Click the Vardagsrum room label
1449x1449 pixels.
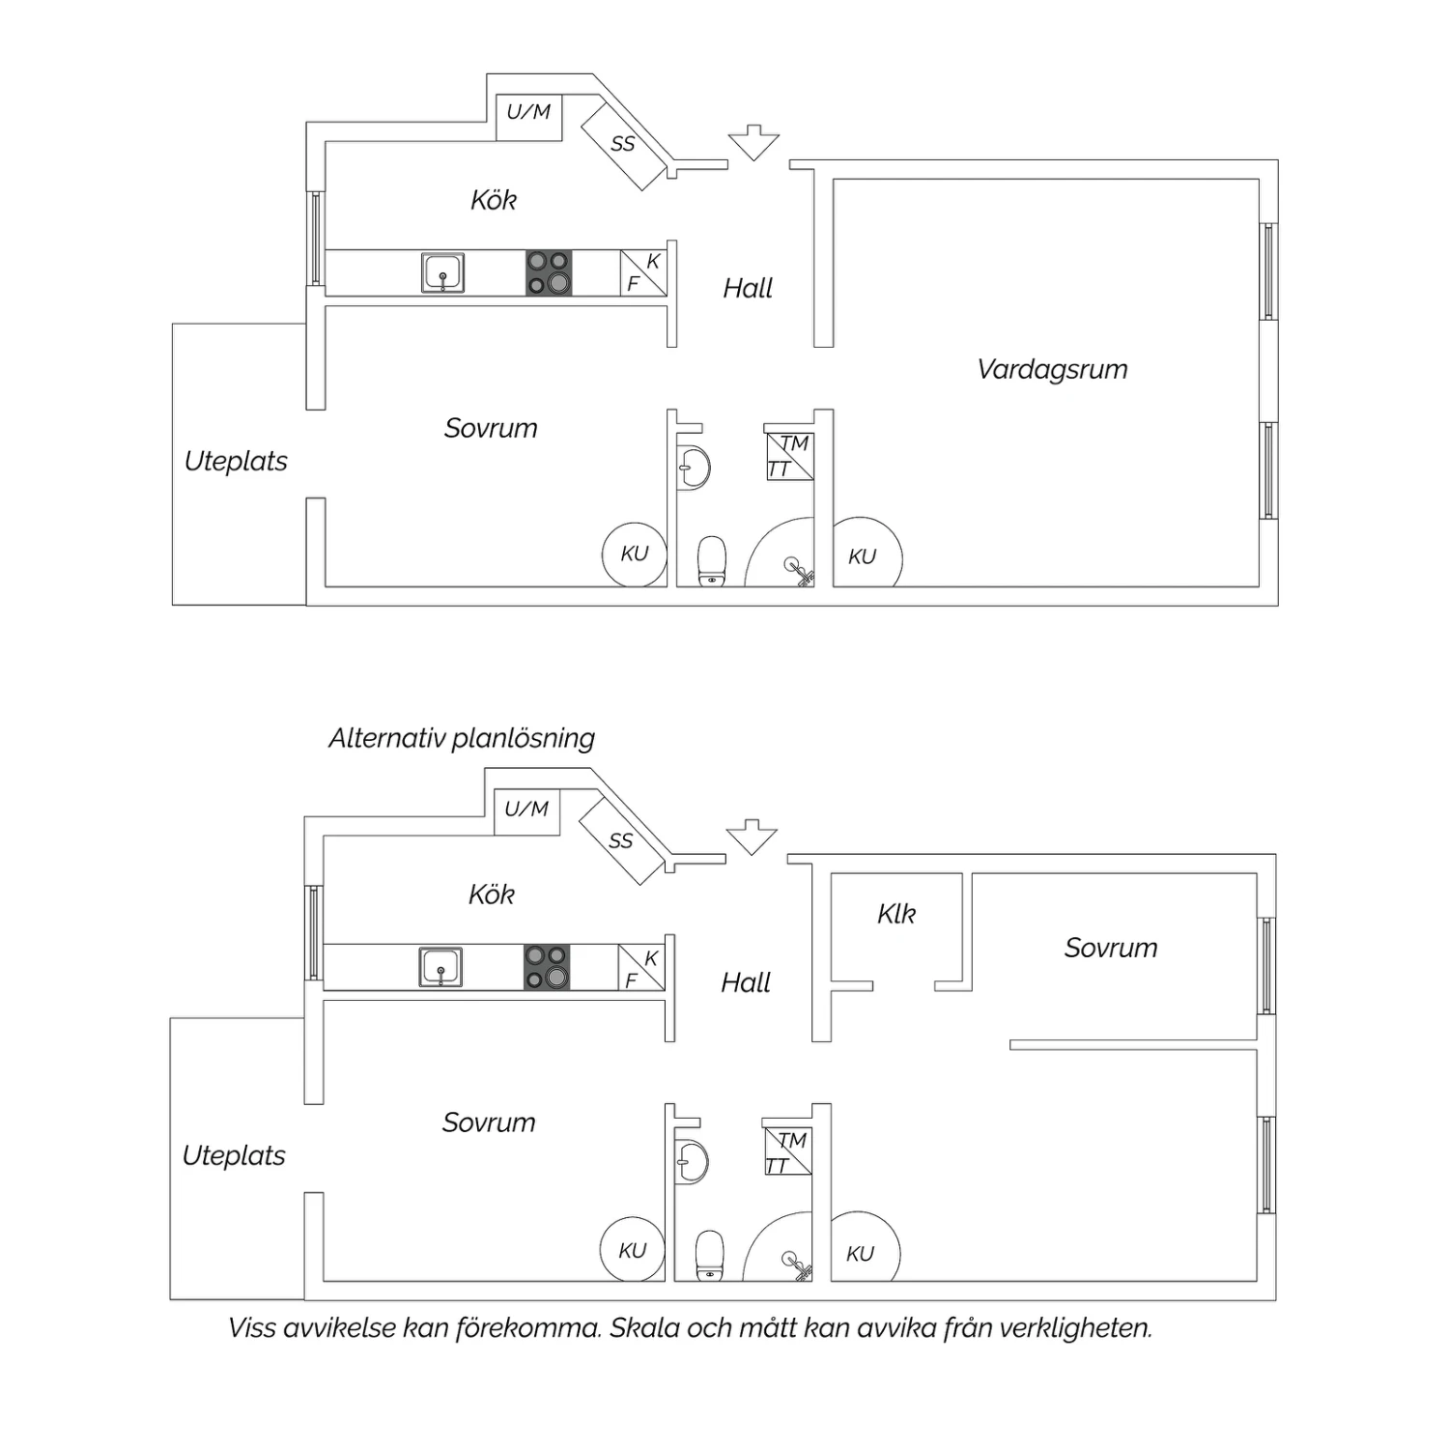(x=1052, y=369)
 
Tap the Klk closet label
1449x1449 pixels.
(x=896, y=914)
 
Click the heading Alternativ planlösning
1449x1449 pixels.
(x=462, y=738)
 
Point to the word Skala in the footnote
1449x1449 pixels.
(x=644, y=1328)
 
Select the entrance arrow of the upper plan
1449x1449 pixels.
(x=753, y=142)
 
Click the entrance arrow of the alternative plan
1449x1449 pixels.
(x=752, y=837)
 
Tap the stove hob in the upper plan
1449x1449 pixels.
(x=549, y=272)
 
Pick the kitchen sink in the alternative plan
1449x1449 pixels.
(x=440, y=967)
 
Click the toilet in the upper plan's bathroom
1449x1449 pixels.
(x=712, y=561)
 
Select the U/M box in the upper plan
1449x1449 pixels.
(x=528, y=118)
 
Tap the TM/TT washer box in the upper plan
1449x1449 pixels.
(x=789, y=456)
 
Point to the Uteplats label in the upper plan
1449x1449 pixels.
(x=236, y=461)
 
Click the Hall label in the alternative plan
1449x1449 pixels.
(x=746, y=982)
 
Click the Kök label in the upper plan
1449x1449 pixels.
(x=494, y=200)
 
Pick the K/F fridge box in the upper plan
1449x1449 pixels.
(x=643, y=272)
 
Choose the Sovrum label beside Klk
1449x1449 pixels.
(x=1111, y=948)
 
